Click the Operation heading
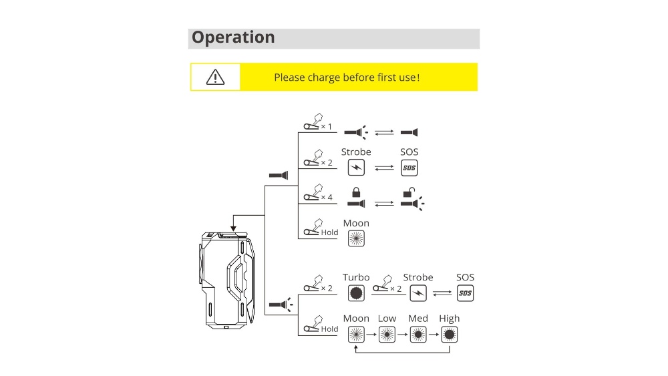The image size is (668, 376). (233, 37)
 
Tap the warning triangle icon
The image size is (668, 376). (215, 77)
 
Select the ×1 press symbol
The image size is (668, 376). (317, 123)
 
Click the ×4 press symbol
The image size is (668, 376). (317, 194)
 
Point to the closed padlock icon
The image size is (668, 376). (356, 192)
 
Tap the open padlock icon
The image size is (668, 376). (408, 192)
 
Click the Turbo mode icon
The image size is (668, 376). (356, 293)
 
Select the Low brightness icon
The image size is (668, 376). (387, 334)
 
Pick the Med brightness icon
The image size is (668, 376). (418, 334)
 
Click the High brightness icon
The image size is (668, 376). (449, 334)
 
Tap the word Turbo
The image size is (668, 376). (356, 277)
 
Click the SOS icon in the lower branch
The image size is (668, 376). (465, 293)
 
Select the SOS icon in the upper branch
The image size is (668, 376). (409, 167)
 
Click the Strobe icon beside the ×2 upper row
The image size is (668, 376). (356, 167)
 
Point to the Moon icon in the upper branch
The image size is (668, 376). (356, 238)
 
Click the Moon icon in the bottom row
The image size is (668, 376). (356, 334)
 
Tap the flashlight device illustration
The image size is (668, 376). (228, 280)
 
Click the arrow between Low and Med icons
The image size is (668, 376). (403, 334)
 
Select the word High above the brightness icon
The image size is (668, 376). (449, 319)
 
